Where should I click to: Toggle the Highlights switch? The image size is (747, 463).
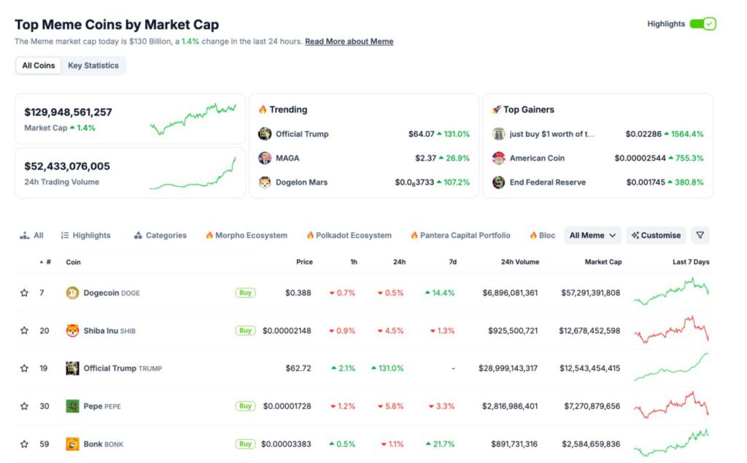703,24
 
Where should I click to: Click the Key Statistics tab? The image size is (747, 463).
93,66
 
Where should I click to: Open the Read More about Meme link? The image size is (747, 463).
349,42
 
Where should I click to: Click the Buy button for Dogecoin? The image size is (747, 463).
245,293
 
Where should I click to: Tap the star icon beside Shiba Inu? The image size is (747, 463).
24,331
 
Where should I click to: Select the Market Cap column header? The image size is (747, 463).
603,261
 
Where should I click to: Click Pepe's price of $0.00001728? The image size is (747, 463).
287,406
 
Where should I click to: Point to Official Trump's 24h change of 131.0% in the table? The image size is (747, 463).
387,368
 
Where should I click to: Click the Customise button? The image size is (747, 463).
656,235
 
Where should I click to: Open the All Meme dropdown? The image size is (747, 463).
592,235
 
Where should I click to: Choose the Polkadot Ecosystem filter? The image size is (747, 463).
349,235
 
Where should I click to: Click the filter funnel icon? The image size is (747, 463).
700,235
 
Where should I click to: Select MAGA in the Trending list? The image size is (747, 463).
287,158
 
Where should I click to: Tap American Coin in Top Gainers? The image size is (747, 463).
536,158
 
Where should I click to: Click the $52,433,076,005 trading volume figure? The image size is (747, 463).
67,167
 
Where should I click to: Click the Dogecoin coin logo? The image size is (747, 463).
72,293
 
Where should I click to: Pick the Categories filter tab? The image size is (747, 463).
160,235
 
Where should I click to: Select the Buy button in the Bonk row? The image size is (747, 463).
245,444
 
